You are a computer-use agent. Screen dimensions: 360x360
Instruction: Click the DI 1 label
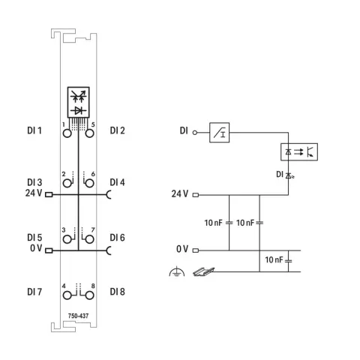34,130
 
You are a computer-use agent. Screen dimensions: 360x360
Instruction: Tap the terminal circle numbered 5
89,133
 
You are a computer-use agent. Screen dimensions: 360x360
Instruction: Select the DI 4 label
117,182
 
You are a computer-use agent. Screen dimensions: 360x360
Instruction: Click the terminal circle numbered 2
67,184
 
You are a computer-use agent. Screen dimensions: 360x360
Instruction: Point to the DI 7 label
34,292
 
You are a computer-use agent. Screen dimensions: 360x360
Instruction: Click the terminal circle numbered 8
89,295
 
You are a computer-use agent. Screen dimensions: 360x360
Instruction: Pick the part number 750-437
78,316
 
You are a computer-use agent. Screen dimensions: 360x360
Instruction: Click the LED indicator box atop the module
79,102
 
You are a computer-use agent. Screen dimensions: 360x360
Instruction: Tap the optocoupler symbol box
299,151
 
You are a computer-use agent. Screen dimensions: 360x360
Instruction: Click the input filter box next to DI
219,133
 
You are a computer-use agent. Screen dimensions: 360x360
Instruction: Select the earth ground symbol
177,271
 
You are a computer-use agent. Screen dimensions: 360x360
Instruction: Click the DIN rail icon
204,271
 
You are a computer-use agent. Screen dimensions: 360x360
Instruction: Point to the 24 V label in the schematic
180,193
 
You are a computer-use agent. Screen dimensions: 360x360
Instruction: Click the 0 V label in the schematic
182,249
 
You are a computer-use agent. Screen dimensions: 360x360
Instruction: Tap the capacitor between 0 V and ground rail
288,261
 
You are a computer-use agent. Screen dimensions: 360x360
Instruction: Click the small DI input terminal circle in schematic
195,133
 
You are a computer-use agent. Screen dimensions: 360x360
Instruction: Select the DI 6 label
117,238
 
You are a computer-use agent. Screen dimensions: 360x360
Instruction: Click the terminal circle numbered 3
67,239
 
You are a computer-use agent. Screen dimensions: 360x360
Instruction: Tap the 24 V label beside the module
34,193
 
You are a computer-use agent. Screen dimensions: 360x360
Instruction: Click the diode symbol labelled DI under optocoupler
289,175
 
